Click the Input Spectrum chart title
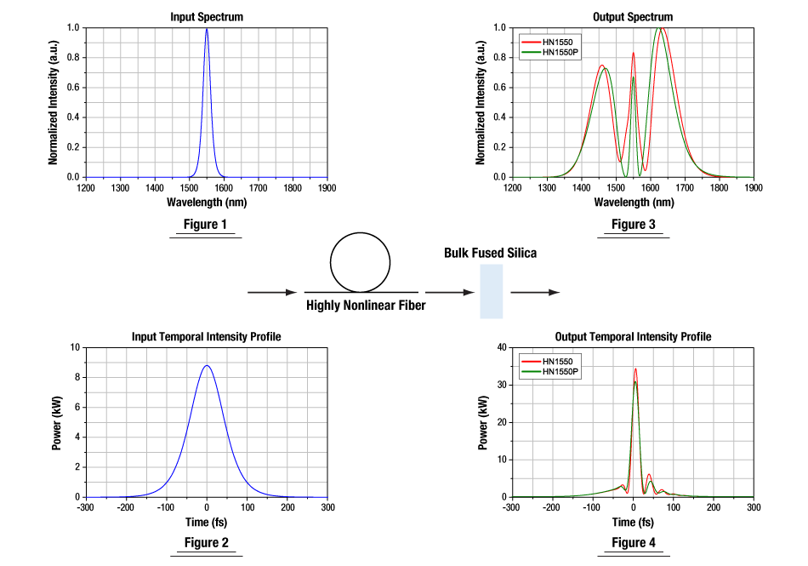tap(207, 17)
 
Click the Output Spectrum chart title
tap(632, 17)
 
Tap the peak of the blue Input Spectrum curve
tap(207, 29)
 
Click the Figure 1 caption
tap(207, 225)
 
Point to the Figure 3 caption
tap(633, 225)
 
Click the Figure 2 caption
tap(207, 542)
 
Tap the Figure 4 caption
tap(633, 542)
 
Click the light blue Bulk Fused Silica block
tap(492, 291)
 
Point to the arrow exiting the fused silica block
tap(535, 292)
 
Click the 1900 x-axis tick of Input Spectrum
tap(327, 187)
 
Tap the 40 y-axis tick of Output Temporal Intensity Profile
tap(501, 347)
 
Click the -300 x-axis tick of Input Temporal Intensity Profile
tap(85, 507)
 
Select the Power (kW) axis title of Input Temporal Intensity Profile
tap(57, 422)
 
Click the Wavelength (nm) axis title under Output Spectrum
tap(632, 202)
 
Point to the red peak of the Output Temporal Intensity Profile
tap(634, 369)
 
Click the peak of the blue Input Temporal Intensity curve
tap(207, 366)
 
